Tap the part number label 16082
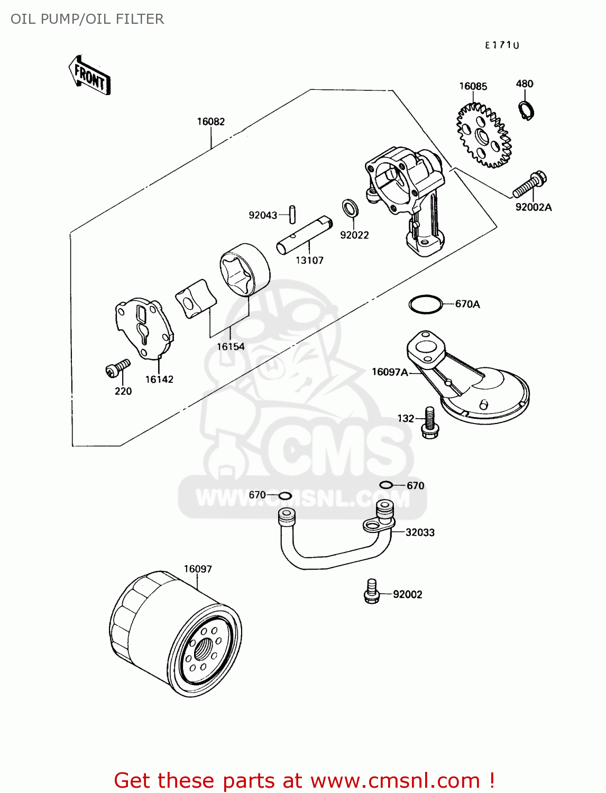point(210,122)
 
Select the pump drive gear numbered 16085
point(483,136)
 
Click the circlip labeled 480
point(526,110)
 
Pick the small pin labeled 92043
point(292,214)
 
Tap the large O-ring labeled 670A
point(425,304)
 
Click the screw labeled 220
point(117,368)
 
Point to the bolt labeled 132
point(429,422)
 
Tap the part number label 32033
point(420,532)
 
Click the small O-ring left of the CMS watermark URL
point(285,495)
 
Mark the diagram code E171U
point(502,45)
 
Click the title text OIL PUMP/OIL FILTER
point(87,19)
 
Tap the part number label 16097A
point(389,372)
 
